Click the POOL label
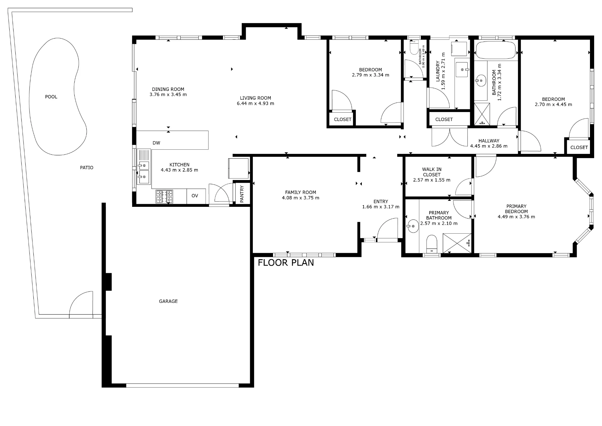[51, 97]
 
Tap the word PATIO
[87, 168]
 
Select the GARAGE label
[168, 301]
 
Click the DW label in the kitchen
[156, 143]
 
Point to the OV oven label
[195, 196]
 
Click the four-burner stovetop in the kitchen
[164, 197]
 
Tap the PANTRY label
[242, 194]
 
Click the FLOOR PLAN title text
[286, 263]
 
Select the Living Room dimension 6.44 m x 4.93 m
[256, 104]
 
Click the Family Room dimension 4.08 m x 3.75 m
[300, 198]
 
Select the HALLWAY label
[489, 141]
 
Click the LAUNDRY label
[438, 71]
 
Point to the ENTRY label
[381, 202]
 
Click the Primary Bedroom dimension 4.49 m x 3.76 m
[516, 217]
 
